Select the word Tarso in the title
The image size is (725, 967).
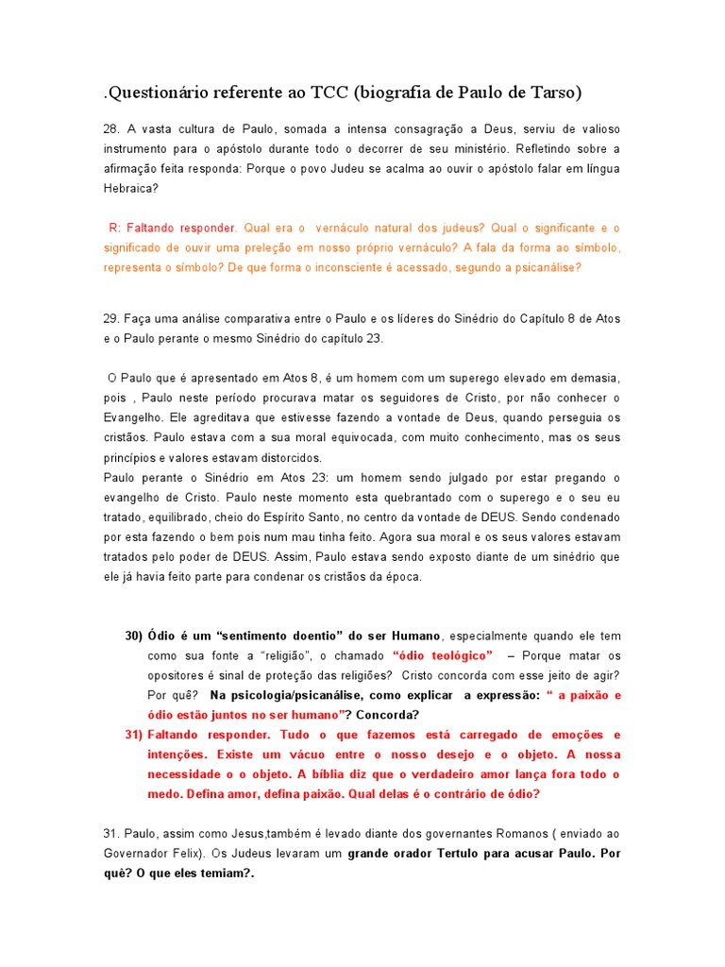coord(552,93)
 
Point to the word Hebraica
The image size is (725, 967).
coord(130,188)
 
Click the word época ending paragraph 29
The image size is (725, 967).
coord(403,576)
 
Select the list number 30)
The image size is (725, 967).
coord(133,636)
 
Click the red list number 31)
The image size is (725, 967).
coord(133,735)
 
